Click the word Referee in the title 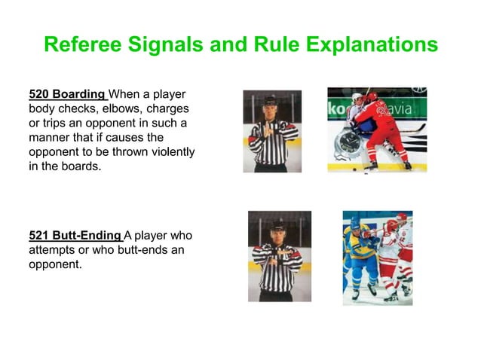point(84,44)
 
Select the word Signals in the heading point(168,44)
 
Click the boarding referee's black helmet point(270,101)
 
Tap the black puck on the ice point(354,169)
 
